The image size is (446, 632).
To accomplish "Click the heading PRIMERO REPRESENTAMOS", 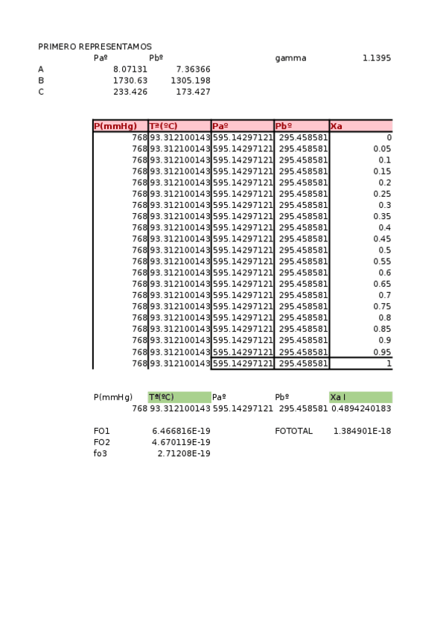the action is (95, 46).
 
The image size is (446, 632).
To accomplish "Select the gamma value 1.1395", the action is (376, 58).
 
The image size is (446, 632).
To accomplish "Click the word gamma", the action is (290, 58).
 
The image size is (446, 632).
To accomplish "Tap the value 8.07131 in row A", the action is (130, 69).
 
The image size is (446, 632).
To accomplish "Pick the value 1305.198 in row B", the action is (191, 80).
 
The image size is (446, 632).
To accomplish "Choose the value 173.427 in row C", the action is (194, 92).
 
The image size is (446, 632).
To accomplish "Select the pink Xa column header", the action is (360, 126).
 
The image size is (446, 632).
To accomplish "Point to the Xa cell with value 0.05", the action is (382, 149).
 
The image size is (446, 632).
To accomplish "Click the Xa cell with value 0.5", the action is (384, 250).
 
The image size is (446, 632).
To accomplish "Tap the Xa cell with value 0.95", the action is (382, 352).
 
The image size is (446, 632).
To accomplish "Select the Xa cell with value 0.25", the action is (382, 194).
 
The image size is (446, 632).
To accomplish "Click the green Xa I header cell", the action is (360, 397).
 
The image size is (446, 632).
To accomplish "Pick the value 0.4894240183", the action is (361, 408).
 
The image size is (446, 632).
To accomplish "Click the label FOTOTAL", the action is (293, 431).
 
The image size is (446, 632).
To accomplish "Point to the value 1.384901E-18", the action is (362, 431).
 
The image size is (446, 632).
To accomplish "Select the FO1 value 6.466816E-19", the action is (181, 431).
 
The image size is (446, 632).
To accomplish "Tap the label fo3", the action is (101, 453).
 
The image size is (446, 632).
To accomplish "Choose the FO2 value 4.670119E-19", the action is (181, 442).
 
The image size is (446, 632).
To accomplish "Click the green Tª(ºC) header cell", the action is (179, 397).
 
